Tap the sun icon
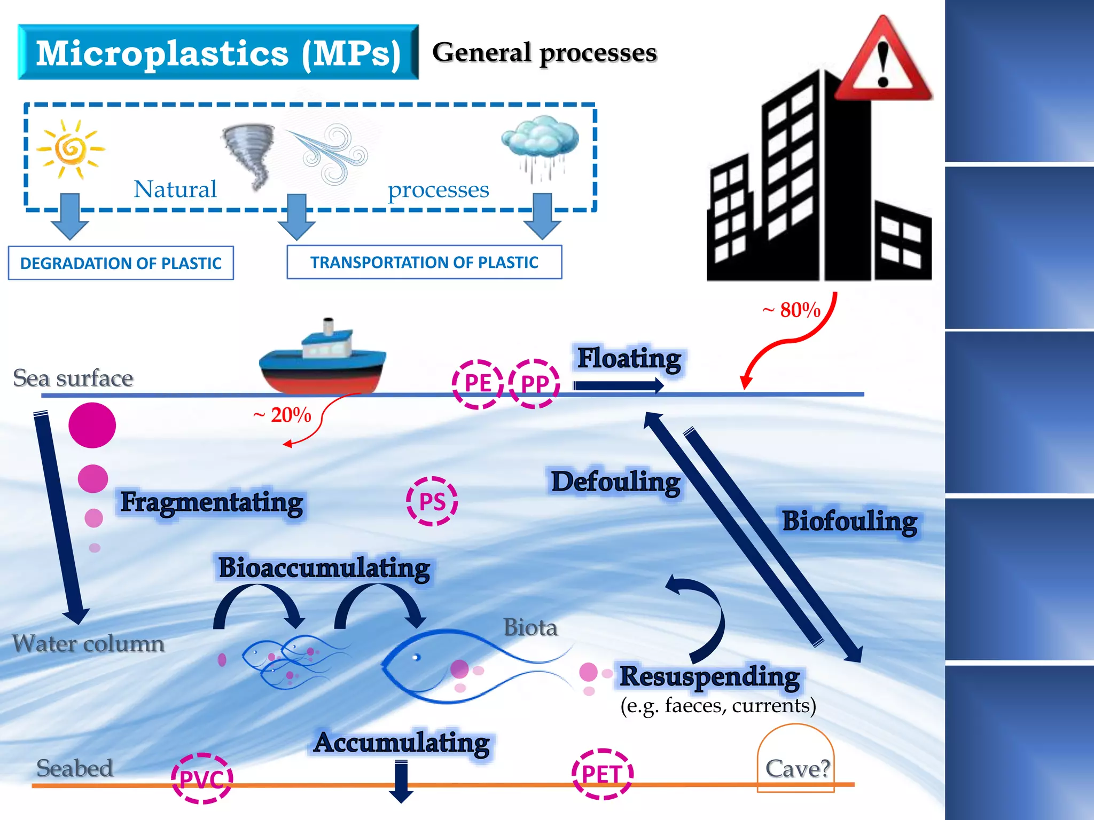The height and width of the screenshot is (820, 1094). (x=71, y=148)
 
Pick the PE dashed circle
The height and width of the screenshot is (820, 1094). (x=478, y=384)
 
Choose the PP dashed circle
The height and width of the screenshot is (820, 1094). (x=534, y=384)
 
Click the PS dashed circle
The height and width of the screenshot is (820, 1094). (x=432, y=501)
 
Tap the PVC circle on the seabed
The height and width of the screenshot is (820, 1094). (x=202, y=778)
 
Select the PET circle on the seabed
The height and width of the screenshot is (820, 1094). (x=602, y=774)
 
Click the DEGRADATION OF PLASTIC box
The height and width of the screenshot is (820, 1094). (x=121, y=263)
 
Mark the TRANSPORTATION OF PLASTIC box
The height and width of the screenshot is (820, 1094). (x=424, y=262)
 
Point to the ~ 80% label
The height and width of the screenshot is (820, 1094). (x=792, y=310)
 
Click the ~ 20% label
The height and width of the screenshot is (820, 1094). (x=283, y=415)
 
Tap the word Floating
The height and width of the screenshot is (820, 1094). (x=629, y=358)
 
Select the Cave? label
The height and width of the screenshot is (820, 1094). (x=797, y=769)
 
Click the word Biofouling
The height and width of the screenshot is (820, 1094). (x=849, y=521)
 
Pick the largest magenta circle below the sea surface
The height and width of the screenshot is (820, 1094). (x=92, y=425)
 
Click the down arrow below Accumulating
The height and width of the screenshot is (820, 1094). (x=401, y=782)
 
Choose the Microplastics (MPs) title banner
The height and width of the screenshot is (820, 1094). (x=218, y=52)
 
